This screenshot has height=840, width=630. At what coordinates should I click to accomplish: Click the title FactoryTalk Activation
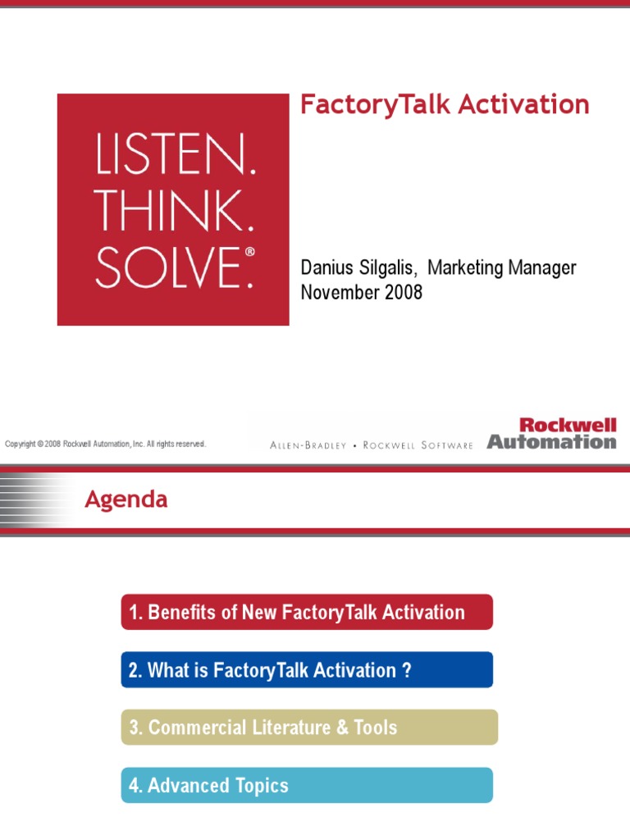tap(445, 105)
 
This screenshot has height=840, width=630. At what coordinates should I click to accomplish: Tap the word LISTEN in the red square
tap(176, 157)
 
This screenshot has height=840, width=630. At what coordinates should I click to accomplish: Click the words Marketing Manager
tap(502, 268)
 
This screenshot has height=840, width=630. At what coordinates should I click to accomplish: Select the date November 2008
tap(362, 292)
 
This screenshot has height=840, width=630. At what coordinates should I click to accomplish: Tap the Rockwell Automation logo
tap(551, 434)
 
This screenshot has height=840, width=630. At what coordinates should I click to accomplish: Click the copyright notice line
tap(105, 444)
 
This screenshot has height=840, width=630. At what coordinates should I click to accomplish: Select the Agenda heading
tap(126, 500)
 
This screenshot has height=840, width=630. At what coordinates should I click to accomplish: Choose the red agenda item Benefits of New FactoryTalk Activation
tap(307, 612)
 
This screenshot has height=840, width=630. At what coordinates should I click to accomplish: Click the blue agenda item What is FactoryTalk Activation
tap(307, 670)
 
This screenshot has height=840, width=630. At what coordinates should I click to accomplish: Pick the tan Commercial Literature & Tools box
tap(309, 728)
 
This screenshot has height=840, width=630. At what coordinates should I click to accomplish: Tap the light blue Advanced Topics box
tap(307, 785)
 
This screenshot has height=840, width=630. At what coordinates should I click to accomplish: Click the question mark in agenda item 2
tap(406, 670)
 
